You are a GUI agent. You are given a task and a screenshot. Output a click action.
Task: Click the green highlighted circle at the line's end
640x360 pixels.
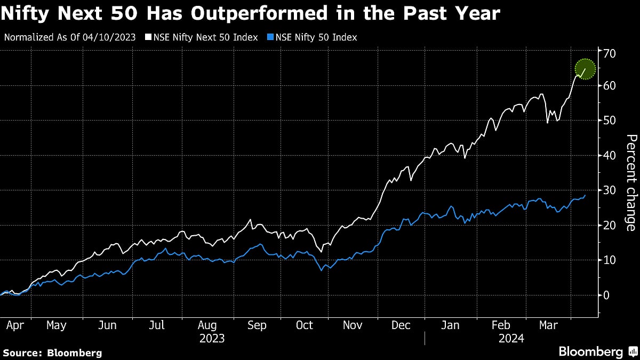click(x=585, y=69)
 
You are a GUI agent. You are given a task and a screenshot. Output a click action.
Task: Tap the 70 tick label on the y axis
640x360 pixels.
click(x=610, y=53)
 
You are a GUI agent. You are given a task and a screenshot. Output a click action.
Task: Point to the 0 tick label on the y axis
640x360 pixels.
click(x=606, y=295)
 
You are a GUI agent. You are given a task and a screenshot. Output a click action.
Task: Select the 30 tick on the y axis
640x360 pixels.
click(x=610, y=190)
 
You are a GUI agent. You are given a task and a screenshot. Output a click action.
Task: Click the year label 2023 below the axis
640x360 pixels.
click(x=212, y=338)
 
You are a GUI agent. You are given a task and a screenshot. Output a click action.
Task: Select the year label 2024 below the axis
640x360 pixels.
click(x=511, y=338)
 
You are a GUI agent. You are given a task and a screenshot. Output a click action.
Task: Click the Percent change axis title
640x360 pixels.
click(x=631, y=183)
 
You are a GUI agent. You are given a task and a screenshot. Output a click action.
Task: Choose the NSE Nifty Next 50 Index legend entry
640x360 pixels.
click(x=205, y=37)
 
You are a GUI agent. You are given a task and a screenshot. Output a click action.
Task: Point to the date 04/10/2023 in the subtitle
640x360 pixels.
click(x=113, y=37)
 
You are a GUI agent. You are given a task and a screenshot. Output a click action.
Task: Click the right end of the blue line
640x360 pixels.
click(x=585, y=195)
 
